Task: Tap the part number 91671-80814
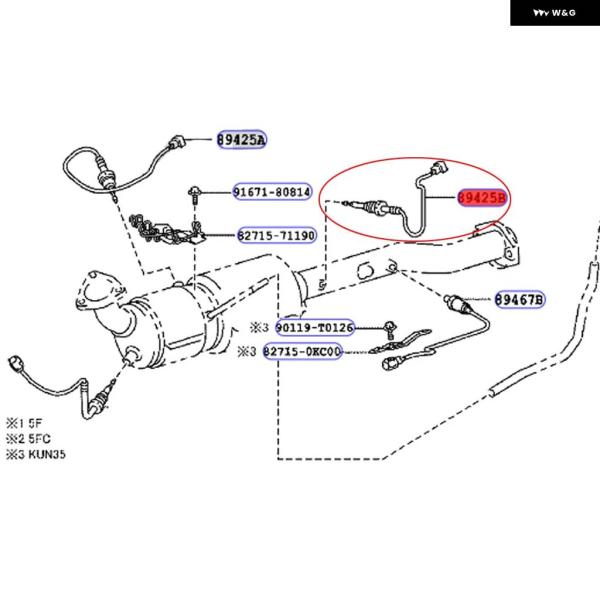tap(272, 191)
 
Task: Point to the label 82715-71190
tap(276, 236)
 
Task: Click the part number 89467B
tap(519, 299)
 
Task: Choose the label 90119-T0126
tap(314, 327)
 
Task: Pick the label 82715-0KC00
tap(303, 352)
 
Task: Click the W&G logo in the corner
tap(554, 13)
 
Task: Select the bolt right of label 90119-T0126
tap(387, 327)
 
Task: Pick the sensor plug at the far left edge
tap(14, 361)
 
